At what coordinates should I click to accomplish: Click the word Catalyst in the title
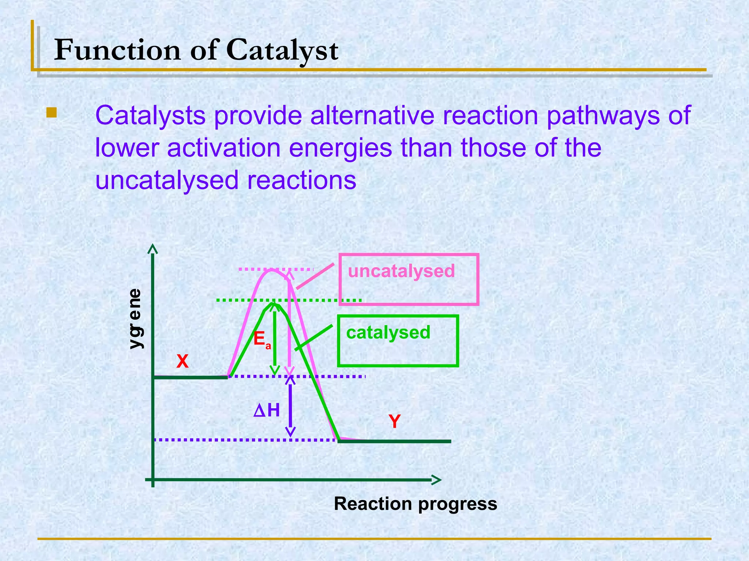pyautogui.click(x=282, y=50)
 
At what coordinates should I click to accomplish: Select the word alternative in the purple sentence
pyautogui.click(x=372, y=115)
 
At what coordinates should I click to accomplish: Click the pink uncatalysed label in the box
pyautogui.click(x=401, y=271)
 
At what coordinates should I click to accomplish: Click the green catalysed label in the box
pyautogui.click(x=388, y=333)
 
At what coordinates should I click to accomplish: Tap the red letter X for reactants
pyautogui.click(x=182, y=362)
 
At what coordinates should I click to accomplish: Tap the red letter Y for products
pyautogui.click(x=395, y=421)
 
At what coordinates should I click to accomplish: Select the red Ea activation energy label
pyautogui.click(x=261, y=340)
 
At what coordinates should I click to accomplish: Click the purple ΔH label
pyautogui.click(x=267, y=411)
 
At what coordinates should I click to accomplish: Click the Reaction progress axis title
pyautogui.click(x=415, y=504)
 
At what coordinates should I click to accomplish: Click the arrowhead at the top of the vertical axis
pyautogui.click(x=153, y=249)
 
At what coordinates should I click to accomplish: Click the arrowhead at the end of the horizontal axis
pyautogui.click(x=436, y=480)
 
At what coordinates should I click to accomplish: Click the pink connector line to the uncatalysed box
pyautogui.click(x=315, y=276)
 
